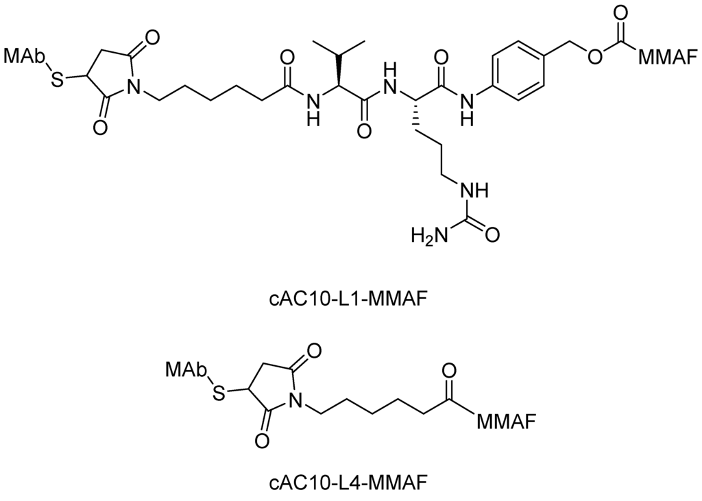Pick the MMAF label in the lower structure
(x=506, y=417)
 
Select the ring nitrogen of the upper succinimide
(x=135, y=85)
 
